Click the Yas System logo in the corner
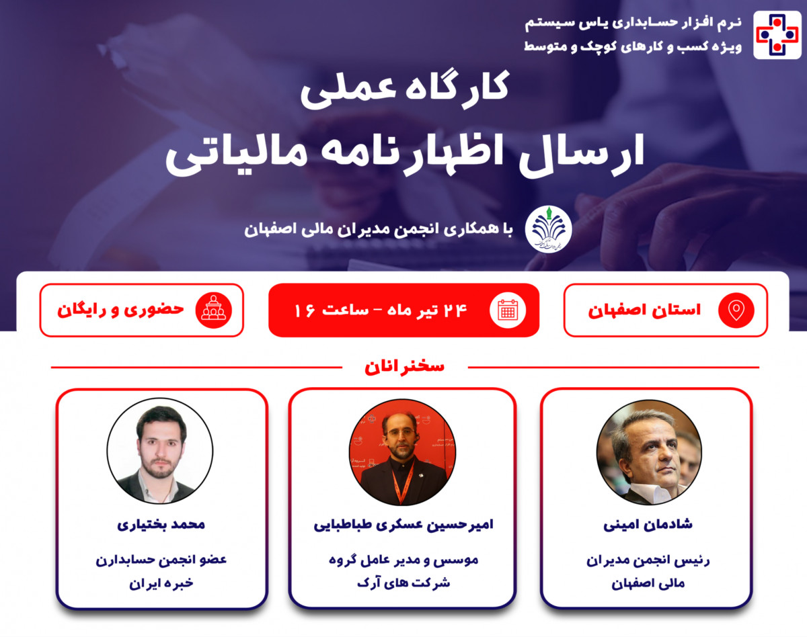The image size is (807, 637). [777, 35]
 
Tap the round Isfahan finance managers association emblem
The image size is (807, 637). [548, 229]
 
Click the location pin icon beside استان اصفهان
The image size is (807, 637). [736, 310]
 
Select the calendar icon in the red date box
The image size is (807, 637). [508, 310]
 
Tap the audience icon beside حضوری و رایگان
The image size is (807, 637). [213, 310]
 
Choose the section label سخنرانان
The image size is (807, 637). [404, 367]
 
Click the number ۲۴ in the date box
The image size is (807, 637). [456, 310]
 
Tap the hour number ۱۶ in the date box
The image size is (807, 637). [305, 311]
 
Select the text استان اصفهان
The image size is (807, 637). [644, 310]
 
